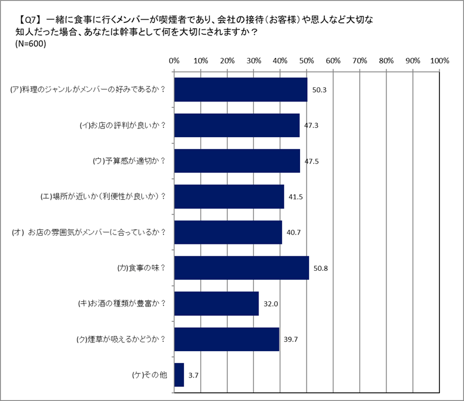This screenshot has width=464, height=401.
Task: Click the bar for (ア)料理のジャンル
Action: pos(241,90)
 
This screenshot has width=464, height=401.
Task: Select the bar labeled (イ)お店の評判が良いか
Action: pos(237,125)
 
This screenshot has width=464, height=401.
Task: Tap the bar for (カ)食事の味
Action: pos(241,268)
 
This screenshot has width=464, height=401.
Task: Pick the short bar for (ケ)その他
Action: pos(179,375)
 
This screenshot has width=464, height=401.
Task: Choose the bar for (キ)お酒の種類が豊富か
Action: pos(216,304)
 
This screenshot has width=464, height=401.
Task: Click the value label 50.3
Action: pos(320,90)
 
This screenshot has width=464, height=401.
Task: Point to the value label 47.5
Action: pos(312,161)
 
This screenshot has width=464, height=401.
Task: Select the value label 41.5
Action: pos(296,197)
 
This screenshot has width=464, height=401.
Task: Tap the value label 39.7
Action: pos(291,339)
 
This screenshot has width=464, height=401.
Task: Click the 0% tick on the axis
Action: pos(174,60)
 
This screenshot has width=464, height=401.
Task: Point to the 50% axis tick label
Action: pos(307,60)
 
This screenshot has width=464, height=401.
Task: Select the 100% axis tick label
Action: pos(439,60)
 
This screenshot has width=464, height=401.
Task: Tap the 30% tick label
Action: pos(254,60)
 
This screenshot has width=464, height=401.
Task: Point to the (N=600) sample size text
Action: pos(31,44)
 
